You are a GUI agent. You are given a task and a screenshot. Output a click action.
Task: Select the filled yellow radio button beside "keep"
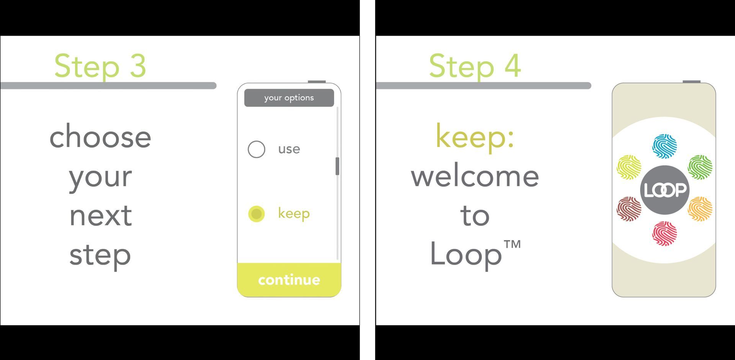(256, 214)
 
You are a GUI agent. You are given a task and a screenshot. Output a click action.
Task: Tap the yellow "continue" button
(289, 280)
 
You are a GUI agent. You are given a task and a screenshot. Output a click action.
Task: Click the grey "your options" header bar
(289, 98)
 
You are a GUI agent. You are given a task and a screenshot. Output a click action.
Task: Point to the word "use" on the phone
(289, 149)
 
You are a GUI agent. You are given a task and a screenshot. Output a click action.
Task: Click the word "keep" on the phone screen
(294, 213)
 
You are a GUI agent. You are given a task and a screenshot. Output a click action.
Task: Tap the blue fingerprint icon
(665, 146)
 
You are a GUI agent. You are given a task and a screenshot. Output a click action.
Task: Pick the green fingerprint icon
(700, 167)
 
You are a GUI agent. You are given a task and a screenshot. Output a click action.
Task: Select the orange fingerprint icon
(700, 209)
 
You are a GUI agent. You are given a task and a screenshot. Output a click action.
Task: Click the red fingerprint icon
(665, 233)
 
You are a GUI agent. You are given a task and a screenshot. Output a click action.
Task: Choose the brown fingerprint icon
(629, 209)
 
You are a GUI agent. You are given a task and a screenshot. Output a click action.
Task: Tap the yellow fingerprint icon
(629, 167)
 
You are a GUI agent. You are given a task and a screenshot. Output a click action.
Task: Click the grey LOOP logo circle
(665, 190)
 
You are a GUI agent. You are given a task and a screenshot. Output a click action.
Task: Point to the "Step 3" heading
(100, 66)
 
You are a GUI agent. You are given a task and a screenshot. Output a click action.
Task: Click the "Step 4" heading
(475, 66)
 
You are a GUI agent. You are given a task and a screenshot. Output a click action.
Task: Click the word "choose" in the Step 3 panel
(100, 136)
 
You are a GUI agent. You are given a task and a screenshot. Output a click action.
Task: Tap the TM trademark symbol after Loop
(512, 244)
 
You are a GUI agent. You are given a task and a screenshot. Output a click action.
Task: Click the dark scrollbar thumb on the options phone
(337, 166)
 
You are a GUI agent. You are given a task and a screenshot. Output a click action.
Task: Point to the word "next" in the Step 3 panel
(101, 216)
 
